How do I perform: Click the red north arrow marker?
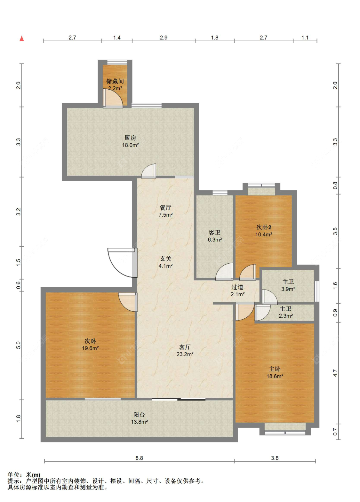coord(22,38)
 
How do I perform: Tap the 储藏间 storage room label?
coord(115,81)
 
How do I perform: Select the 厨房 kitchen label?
coord(130,138)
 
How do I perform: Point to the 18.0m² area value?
coord(131,145)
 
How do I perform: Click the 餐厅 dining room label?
coord(165,208)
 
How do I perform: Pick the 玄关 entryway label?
coord(166,259)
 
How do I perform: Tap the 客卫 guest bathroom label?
coord(214,232)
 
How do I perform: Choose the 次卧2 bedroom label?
coord(264,227)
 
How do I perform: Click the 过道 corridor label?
coord(237,287)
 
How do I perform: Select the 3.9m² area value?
coord(288,289)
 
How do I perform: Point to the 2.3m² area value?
coord(285,316)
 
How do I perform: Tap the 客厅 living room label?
coord(185,347)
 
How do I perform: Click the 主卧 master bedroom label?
coord(275,369)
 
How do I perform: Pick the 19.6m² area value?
coord(90,348)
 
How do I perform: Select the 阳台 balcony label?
coord(139,415)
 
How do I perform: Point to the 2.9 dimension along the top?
coord(164,38)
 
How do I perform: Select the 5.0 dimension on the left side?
coord(18,345)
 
